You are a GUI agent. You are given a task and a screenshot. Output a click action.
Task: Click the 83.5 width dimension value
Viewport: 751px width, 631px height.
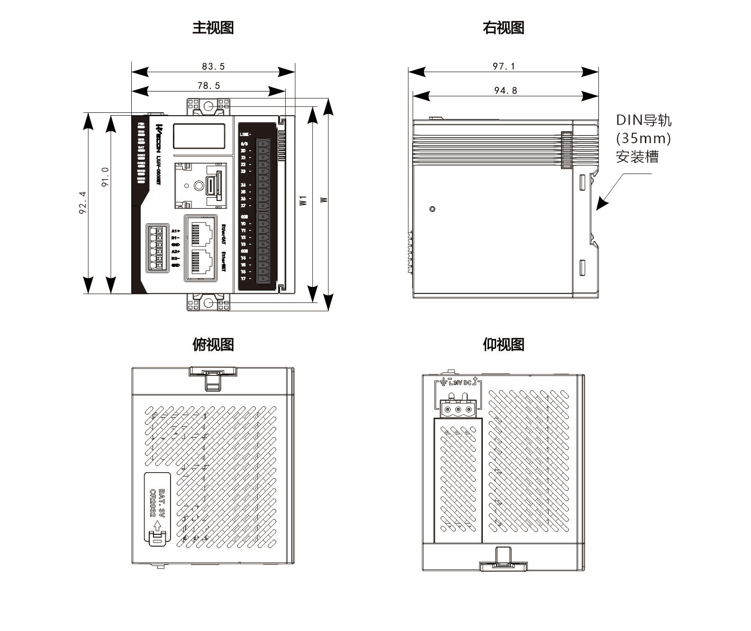[213, 66]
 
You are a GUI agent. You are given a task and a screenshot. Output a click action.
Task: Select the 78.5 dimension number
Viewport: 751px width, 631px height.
[208, 86]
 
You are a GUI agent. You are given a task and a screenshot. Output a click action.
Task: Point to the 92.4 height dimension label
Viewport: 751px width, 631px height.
[83, 202]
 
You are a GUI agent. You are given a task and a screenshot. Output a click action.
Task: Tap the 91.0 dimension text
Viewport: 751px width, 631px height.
[105, 177]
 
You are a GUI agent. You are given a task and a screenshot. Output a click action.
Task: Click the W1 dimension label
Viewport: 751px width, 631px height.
[303, 200]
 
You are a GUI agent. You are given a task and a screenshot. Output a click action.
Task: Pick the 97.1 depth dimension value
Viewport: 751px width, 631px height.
[503, 66]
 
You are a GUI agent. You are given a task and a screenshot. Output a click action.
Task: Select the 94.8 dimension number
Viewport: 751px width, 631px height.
[506, 91]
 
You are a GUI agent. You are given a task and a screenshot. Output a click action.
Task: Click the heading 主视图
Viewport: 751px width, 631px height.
[213, 27]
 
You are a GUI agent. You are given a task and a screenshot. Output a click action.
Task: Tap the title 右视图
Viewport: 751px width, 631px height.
[503, 27]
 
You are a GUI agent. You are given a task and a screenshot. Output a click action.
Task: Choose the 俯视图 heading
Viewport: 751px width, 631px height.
[213, 344]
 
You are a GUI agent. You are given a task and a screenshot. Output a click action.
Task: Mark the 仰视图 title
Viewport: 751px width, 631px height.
[503, 344]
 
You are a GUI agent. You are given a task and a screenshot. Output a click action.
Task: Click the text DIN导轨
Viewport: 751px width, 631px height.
[643, 120]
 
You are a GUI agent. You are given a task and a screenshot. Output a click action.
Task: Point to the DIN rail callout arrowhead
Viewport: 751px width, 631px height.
[600, 205]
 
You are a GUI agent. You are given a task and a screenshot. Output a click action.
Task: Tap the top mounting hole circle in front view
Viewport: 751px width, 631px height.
[208, 106]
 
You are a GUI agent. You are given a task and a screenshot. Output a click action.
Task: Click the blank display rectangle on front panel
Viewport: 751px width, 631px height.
[199, 136]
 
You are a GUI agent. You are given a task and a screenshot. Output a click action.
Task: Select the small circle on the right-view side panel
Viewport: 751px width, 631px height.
[432, 209]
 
